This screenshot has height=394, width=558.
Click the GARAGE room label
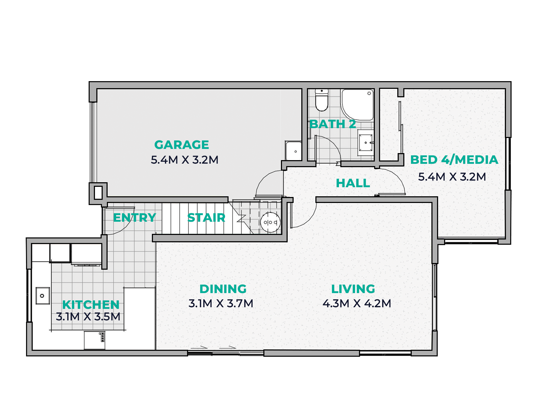[181, 145]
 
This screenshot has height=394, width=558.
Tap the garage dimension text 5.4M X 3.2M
[185, 160]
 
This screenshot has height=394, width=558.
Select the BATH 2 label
[333, 124]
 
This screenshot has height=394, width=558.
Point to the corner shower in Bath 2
[357, 105]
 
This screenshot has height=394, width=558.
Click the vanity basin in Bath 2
[366, 143]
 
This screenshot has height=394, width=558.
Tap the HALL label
[353, 183]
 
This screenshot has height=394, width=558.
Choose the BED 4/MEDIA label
[454, 160]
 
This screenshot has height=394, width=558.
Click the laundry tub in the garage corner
[294, 151]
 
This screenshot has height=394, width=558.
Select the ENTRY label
[135, 217]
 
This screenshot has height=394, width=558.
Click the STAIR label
[206, 218]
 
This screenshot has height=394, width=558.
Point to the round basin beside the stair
[270, 222]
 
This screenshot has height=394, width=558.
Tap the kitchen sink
[43, 296]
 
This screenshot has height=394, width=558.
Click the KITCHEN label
[91, 305]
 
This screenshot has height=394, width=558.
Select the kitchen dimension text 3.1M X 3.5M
[88, 317]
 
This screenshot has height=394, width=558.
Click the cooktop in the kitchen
[102, 337]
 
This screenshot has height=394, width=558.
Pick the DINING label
[223, 289]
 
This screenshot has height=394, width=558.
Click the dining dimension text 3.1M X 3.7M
[221, 303]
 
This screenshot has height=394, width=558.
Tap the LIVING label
[353, 289]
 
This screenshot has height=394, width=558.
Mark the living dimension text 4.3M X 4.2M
[357, 303]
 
